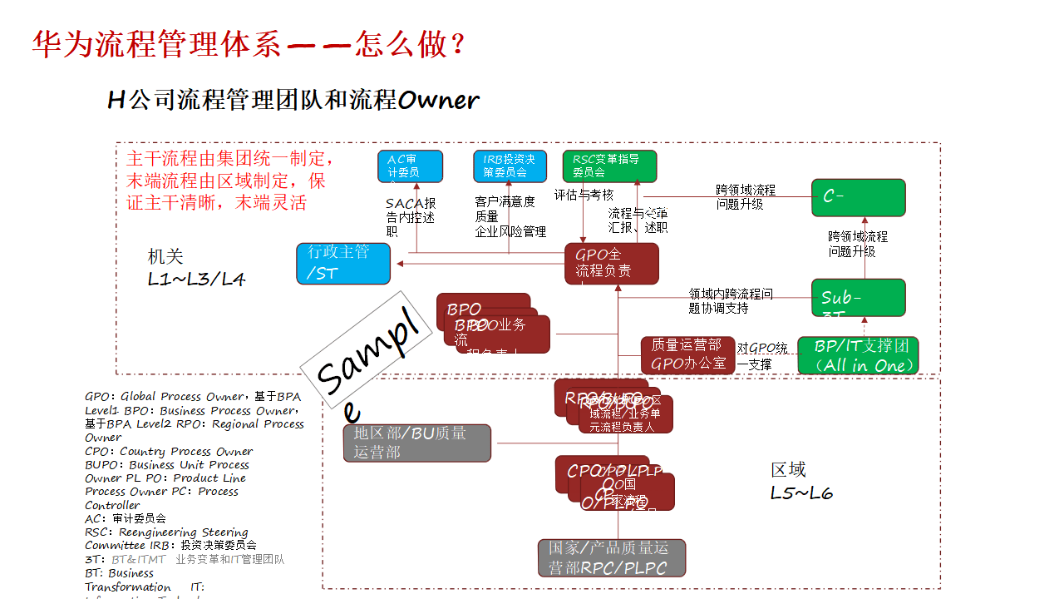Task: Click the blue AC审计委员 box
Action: pyautogui.click(x=410, y=166)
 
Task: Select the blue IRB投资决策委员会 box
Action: pyautogui.click(x=510, y=166)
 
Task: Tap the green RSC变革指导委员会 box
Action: pyautogui.click(x=609, y=166)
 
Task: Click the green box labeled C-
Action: pyautogui.click(x=858, y=197)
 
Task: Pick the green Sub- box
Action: pyautogui.click(x=858, y=298)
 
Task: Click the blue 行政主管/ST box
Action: pyautogui.click(x=343, y=263)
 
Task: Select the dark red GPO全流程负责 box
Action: pyautogui.click(x=612, y=263)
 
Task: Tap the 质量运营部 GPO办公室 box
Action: pyautogui.click(x=687, y=354)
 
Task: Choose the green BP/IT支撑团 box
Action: pyautogui.click(x=858, y=355)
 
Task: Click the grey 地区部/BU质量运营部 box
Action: pyautogui.click(x=417, y=443)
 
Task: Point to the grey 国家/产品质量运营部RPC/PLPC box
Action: pyautogui.click(x=612, y=557)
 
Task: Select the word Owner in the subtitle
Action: pyautogui.click(x=438, y=101)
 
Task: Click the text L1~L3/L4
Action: pyautogui.click(x=196, y=279)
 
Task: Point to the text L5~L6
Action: pyautogui.click(x=801, y=493)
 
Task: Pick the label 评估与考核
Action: pyautogui.click(x=584, y=195)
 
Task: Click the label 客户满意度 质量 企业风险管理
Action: pyautogui.click(x=510, y=216)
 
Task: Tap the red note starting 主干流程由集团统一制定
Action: pyautogui.click(x=229, y=181)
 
